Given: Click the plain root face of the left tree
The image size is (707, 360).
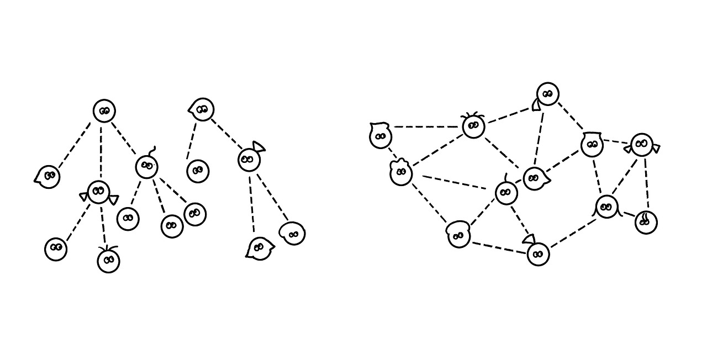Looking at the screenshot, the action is [104, 111].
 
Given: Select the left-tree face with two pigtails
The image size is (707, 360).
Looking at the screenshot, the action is [99, 192].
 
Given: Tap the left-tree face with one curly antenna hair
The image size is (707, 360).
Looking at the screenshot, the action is [146, 166].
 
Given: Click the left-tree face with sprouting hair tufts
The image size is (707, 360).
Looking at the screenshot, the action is [108, 261].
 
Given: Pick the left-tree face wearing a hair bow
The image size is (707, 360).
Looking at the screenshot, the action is [249, 160].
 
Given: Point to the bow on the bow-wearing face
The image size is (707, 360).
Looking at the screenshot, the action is [258, 147].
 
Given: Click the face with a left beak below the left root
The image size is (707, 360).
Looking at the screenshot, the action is [48, 177].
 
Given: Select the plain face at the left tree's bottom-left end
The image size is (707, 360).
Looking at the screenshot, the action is [56, 249].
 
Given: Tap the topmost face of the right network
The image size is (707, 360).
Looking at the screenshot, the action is [547, 94].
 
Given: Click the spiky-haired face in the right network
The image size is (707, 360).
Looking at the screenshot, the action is [473, 126].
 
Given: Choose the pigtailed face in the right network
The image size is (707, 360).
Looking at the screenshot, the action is [641, 145].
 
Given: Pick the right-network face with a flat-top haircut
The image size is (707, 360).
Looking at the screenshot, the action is [592, 145].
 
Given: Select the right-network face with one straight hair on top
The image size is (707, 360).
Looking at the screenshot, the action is [506, 193].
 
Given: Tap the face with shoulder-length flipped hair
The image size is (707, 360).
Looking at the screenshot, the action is [606, 207].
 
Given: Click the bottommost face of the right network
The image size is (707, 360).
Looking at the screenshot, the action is [538, 254].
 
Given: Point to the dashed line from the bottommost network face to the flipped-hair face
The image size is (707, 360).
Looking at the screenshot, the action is [573, 232].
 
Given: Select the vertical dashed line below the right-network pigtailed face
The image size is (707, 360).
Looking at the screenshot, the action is [646, 182].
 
